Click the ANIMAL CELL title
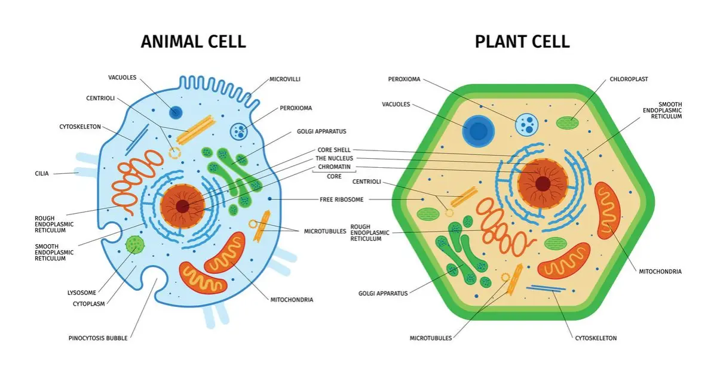(193, 41)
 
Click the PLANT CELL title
(522, 41)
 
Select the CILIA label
(42, 174)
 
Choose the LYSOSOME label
(81, 293)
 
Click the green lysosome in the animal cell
(134, 244)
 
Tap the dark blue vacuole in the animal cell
(176, 112)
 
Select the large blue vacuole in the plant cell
(477, 131)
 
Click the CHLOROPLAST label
(629, 79)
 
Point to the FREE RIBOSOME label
(341, 199)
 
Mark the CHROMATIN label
(334, 167)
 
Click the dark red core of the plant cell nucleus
(543, 183)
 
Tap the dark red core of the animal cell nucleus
(183, 207)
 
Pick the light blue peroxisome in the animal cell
(240, 131)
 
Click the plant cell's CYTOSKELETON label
(595, 338)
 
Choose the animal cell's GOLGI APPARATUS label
(321, 131)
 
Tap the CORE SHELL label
(334, 149)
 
